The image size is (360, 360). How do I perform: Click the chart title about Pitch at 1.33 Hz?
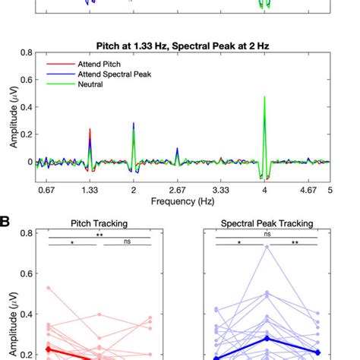[x=183, y=46]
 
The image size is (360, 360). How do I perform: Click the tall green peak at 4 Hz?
[x=264, y=98]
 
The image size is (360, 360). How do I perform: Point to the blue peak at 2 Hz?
[x=134, y=124]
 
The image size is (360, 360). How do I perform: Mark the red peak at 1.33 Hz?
[x=90, y=130]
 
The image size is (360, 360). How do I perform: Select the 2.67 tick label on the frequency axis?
[x=177, y=190]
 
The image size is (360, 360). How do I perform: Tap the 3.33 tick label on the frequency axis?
[x=220, y=190]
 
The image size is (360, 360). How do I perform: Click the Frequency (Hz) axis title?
[x=183, y=202]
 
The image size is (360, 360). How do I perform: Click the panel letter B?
[x=5, y=222]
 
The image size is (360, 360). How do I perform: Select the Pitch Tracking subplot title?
[x=99, y=224]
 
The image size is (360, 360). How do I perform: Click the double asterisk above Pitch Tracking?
[x=100, y=235]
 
